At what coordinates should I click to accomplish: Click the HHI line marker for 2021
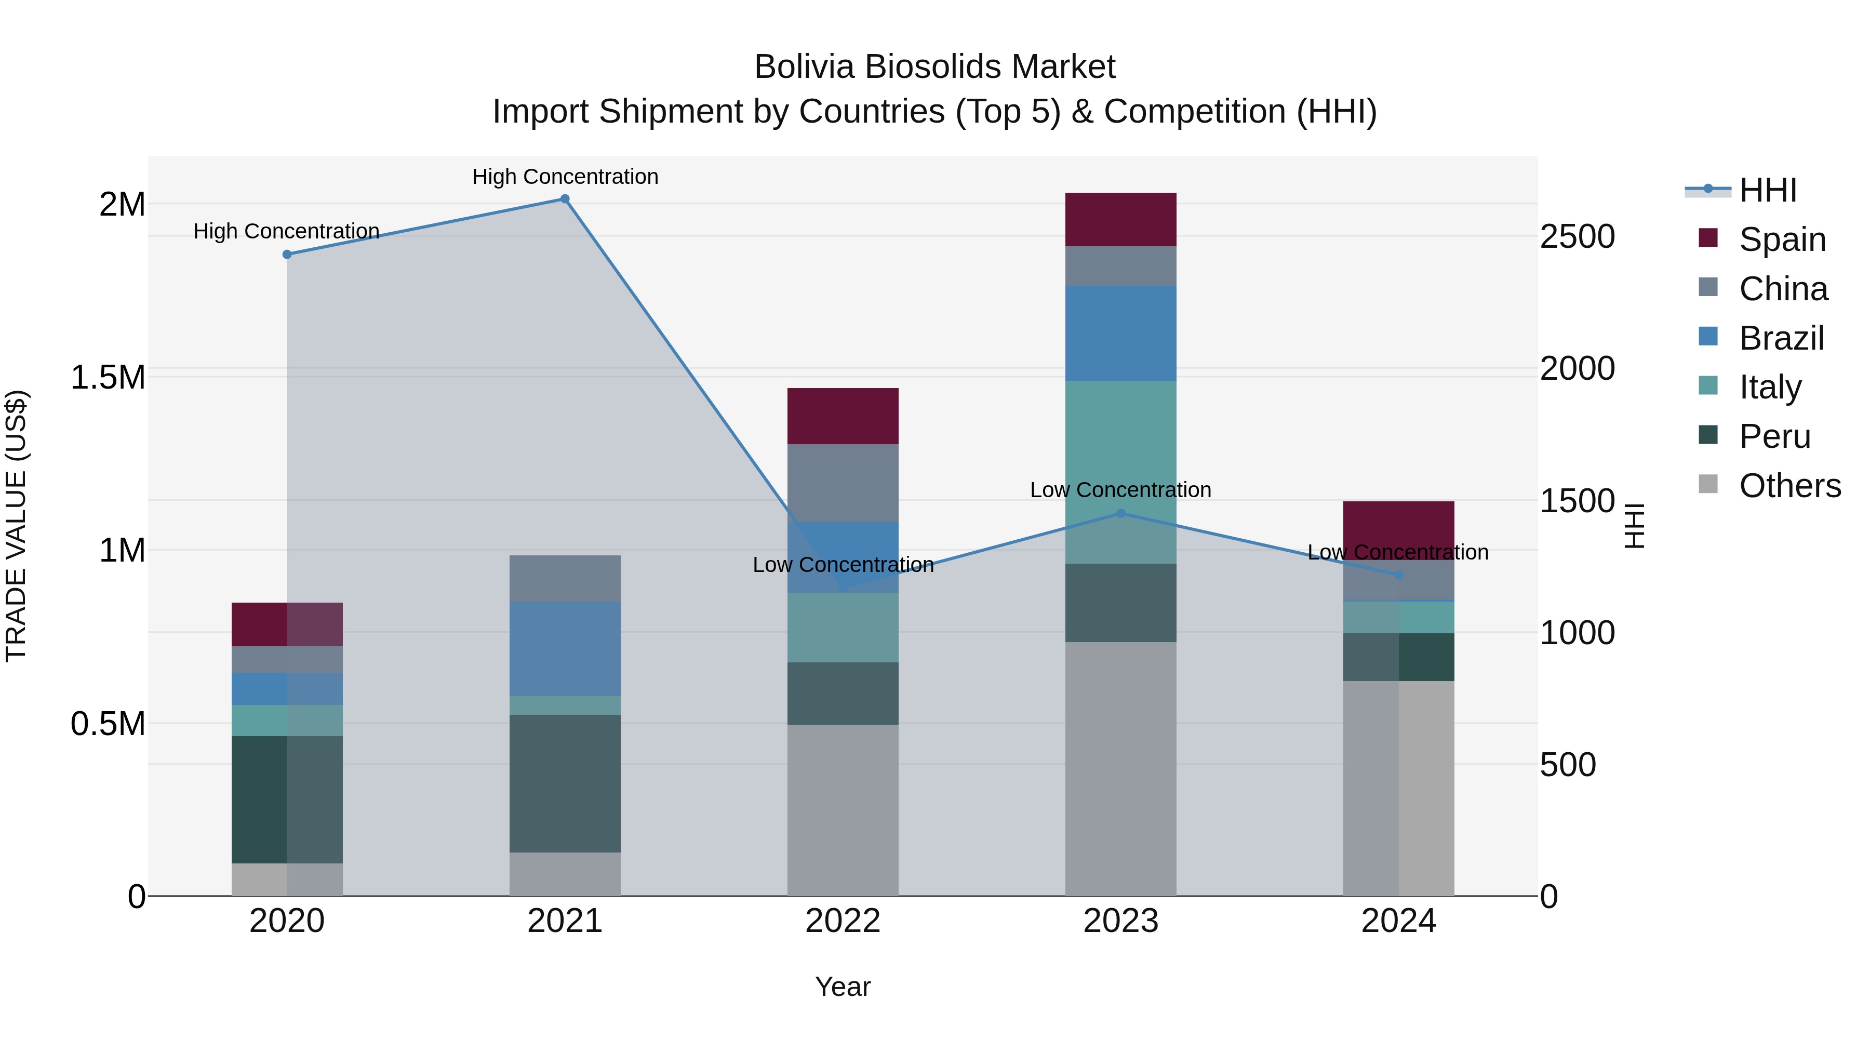565,199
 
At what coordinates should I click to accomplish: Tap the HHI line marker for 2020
287,254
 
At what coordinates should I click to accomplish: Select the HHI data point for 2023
1121,513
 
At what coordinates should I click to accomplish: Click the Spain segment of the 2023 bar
1121,219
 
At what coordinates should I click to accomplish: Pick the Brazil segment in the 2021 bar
565,648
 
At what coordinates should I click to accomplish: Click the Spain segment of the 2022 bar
843,416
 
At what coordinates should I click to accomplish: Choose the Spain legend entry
1782,239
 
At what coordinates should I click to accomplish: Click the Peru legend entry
1774,436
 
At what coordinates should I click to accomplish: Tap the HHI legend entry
1768,190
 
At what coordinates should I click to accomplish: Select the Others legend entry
1789,486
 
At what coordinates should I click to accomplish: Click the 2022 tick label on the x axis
843,921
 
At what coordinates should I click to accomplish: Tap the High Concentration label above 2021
565,177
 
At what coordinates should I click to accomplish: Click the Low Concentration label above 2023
1121,490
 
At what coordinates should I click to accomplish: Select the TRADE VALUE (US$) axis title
16,526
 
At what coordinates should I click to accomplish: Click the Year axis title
843,987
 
